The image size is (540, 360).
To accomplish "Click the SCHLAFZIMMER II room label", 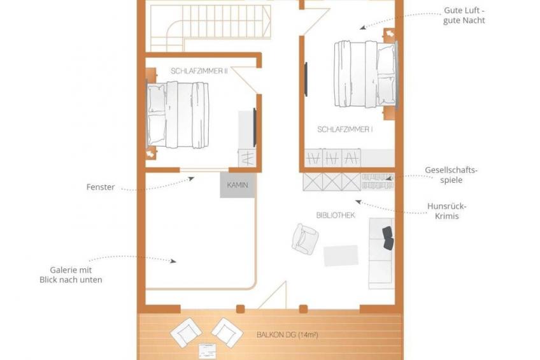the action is pos(199,71).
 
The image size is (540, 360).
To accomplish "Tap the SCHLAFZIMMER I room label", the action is pos(345,129).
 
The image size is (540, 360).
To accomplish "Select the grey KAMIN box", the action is pos(238,185).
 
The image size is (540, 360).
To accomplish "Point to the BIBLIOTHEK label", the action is pos(336,215).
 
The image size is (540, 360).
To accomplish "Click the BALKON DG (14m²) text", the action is pos(287,335).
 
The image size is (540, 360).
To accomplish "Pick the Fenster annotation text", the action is pos(101,187).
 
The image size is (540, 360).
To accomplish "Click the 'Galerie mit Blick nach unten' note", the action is pos(71,275).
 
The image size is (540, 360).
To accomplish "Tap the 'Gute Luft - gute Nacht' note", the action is pos(464,15).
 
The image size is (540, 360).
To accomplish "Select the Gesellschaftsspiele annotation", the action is pos(451,175).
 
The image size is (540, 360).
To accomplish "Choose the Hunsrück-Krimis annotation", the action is pos(446,211).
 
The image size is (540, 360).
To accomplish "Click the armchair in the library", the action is pos(305,239).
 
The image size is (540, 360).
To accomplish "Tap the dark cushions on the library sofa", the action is pos(388,238).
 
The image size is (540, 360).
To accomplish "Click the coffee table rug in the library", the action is pos(341,256).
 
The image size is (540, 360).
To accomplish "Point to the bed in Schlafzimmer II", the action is pos(178,115).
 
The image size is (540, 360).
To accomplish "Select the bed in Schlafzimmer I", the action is pos(366,74).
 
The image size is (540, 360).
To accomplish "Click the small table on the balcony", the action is pos(208,350).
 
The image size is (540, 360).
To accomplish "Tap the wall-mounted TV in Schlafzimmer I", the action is pos(306,79).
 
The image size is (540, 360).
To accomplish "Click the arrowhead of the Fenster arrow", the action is pos(192,178).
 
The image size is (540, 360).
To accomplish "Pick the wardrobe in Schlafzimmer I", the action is pos(349,158).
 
